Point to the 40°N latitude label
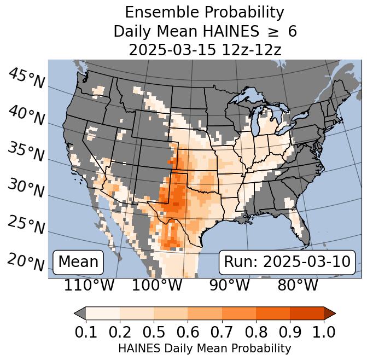point(26,115)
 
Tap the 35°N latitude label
point(26,152)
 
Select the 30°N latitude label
point(26,189)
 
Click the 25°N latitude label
point(26,225)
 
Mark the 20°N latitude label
point(26,262)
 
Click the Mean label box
point(78,262)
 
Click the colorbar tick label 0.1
point(86,332)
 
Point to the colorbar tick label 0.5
point(154,332)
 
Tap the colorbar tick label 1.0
point(323,332)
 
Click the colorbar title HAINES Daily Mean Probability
point(205,348)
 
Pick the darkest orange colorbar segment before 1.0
point(306,313)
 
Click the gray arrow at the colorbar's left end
point(80,313)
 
